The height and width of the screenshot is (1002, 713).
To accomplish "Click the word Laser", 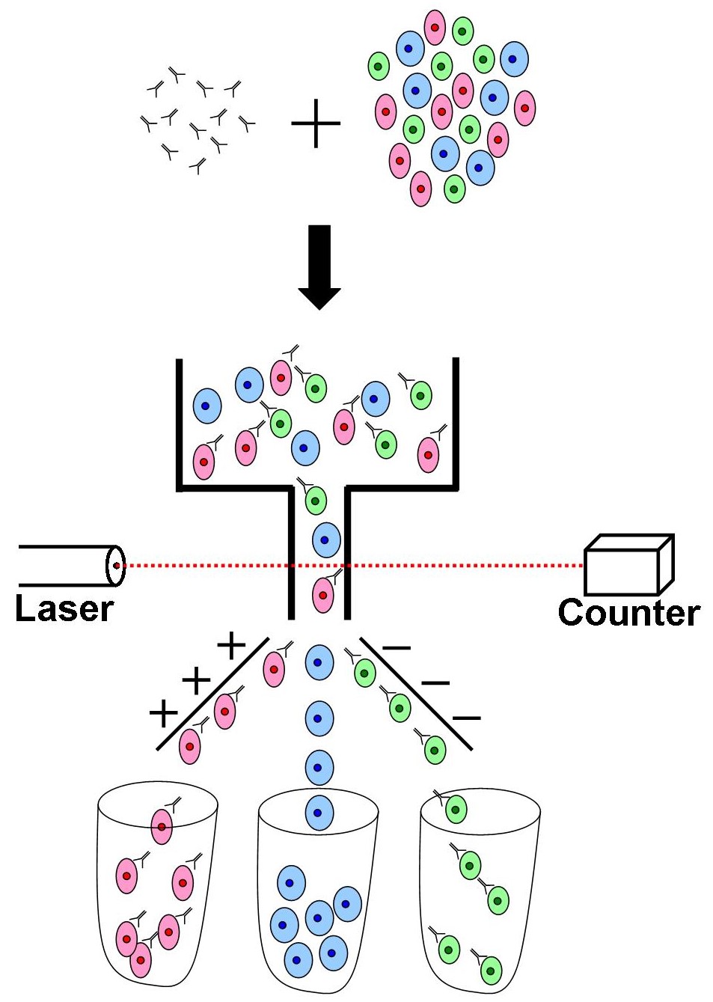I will click(x=64, y=608).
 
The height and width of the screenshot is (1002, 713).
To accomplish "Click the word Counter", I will click(x=628, y=612).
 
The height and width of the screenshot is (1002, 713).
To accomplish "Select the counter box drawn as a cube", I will click(x=628, y=566).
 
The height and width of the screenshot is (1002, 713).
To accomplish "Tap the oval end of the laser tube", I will click(x=115, y=566).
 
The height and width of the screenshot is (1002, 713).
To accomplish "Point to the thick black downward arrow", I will click(x=319, y=266).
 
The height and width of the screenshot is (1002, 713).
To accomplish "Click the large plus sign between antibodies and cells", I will click(x=316, y=123).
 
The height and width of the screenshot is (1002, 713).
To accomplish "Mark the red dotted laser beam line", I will click(x=464, y=566).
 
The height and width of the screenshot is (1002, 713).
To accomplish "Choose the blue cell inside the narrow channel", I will click(x=325, y=540).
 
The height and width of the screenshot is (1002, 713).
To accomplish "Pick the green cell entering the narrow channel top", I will click(x=315, y=500).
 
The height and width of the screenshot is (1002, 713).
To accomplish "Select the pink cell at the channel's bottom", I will click(x=322, y=595).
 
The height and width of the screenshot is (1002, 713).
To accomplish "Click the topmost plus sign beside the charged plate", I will click(x=231, y=644).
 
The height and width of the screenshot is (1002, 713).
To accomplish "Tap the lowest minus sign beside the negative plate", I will click(x=466, y=718).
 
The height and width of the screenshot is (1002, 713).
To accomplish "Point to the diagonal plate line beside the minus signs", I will click(x=416, y=693).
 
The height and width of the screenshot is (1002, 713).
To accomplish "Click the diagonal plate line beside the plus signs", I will click(x=212, y=693).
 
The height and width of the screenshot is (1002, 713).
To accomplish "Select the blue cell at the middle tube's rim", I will click(x=319, y=813).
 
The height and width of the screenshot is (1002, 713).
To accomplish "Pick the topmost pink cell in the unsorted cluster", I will click(x=435, y=27).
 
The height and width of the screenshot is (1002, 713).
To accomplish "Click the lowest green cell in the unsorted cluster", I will click(x=454, y=189).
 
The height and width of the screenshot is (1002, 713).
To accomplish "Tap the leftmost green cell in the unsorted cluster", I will click(x=379, y=67).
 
